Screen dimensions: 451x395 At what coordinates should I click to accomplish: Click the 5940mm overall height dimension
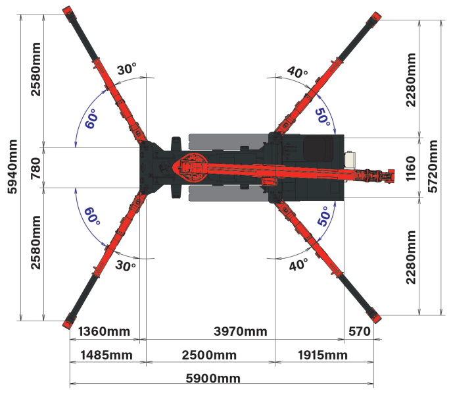click(x=12, y=167)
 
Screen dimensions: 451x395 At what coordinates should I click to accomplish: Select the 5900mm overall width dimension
click(x=213, y=379)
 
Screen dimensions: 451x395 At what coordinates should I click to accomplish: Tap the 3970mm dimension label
click(x=241, y=332)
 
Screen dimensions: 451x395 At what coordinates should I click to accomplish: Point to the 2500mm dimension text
click(x=209, y=355)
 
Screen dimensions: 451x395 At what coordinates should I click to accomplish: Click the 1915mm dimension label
click(x=323, y=355)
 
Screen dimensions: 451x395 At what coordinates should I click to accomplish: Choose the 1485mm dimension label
click(x=107, y=355)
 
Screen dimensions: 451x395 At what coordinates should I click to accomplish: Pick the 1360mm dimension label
click(x=104, y=332)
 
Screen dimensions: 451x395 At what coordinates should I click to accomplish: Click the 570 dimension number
click(x=359, y=332)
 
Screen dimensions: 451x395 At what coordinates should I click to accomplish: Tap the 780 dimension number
click(x=36, y=169)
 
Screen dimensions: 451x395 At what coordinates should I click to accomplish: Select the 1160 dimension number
click(x=411, y=169)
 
